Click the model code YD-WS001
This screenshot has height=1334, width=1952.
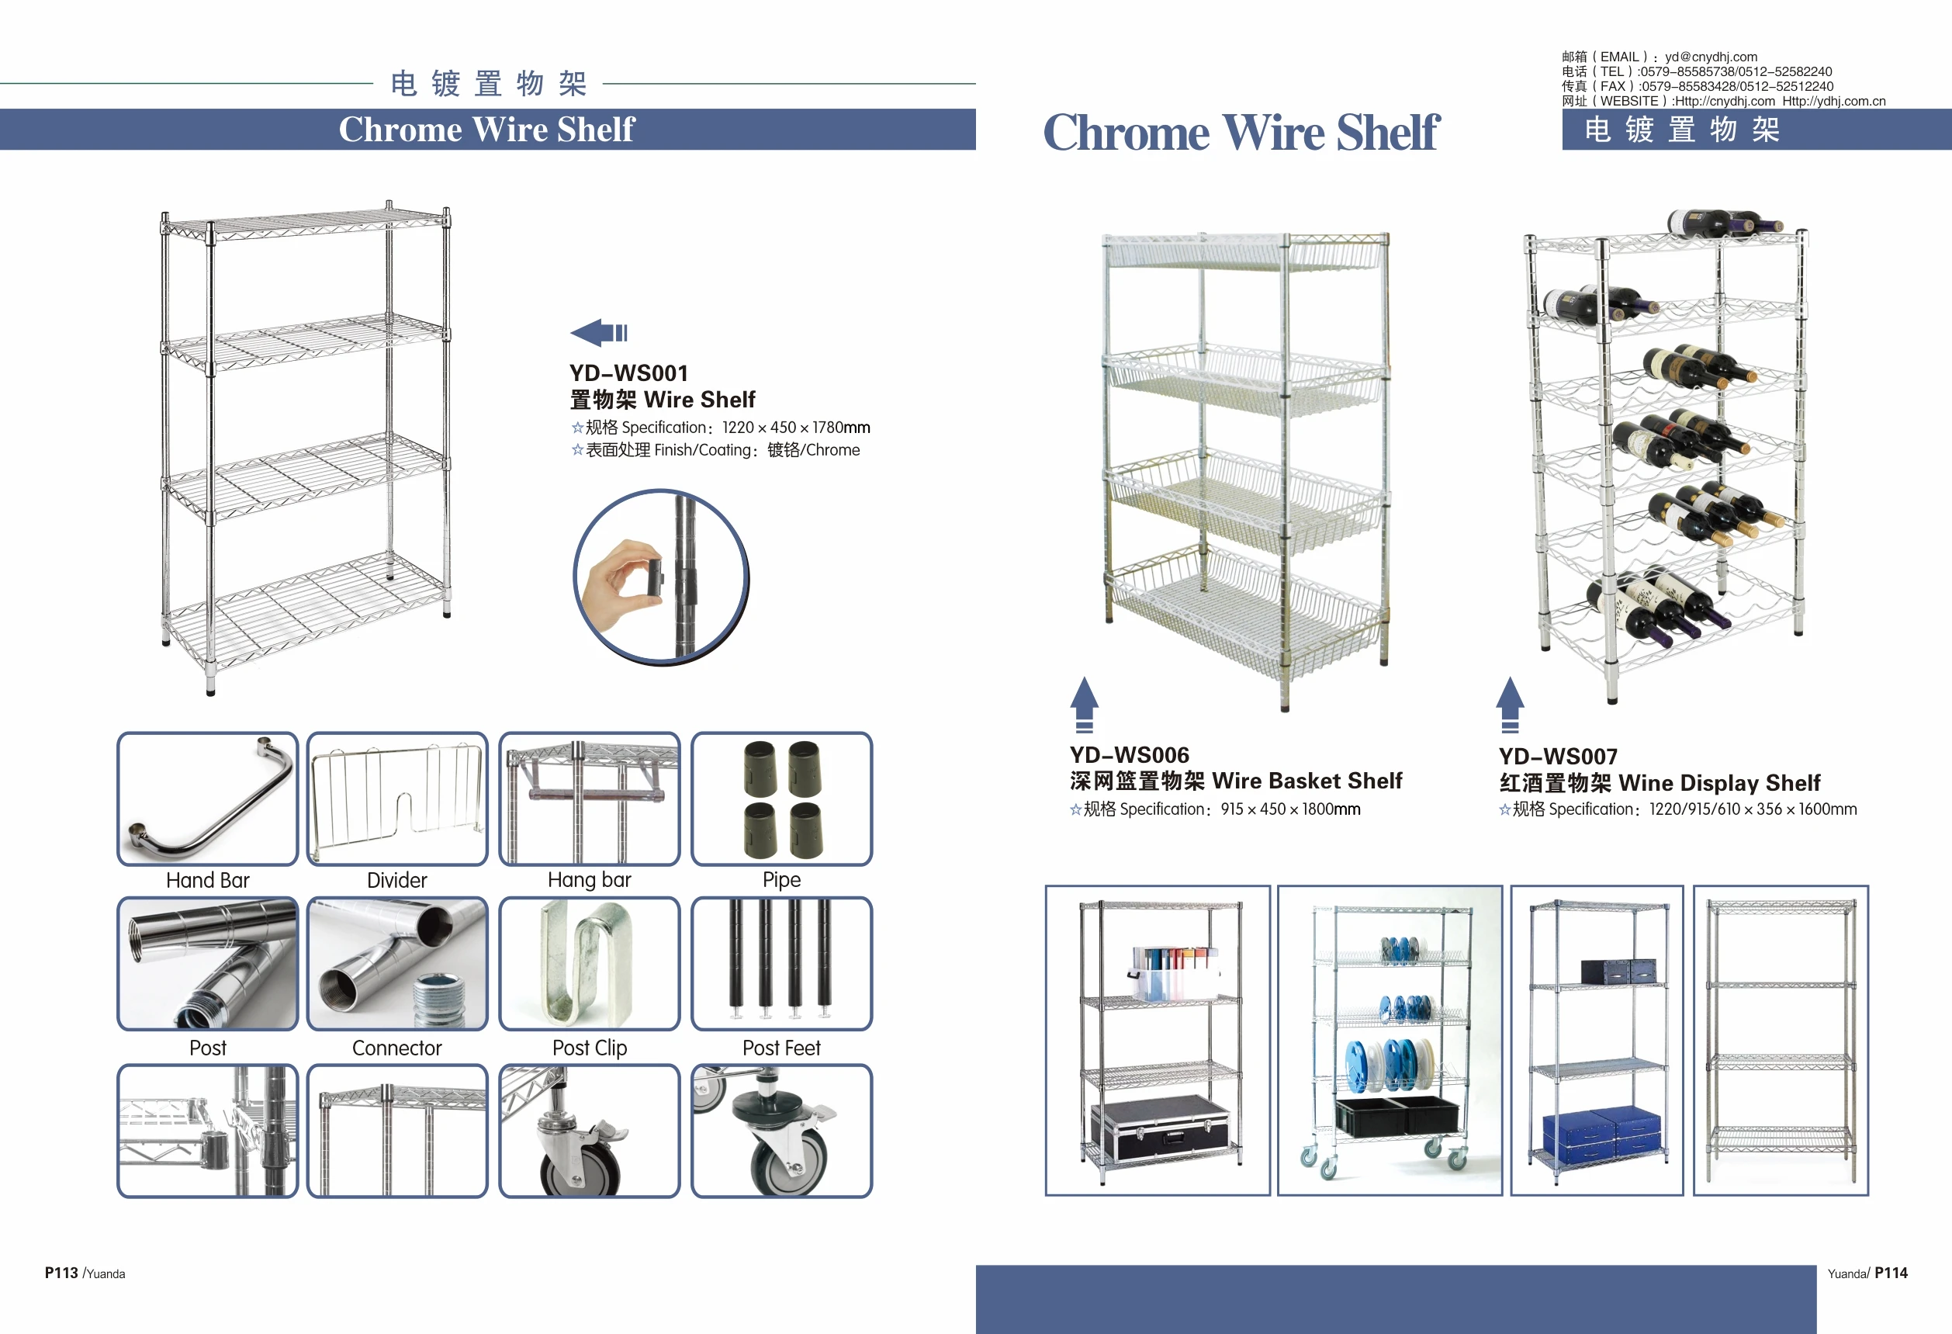628,373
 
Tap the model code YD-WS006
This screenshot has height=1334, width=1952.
1129,754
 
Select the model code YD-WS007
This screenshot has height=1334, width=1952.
1558,756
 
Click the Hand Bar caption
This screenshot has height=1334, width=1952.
207,879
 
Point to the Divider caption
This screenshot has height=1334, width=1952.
396,879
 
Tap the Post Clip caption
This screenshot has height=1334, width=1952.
589,1048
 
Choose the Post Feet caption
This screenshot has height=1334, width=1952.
781,1048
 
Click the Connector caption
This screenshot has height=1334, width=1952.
396,1048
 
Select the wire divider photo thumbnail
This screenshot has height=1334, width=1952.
397,798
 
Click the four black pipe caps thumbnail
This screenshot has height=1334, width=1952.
782,798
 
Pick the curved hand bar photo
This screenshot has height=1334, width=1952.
207,798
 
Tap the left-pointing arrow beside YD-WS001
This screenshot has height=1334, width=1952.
598,333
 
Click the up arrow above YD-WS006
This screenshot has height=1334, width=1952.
1085,704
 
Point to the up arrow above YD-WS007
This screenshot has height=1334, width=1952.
1509,704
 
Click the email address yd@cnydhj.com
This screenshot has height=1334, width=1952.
1711,57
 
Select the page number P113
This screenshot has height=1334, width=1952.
61,1273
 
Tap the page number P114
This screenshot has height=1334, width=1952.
1891,1273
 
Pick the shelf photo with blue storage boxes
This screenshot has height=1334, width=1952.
1597,1040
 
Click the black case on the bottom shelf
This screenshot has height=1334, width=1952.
1159,1128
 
